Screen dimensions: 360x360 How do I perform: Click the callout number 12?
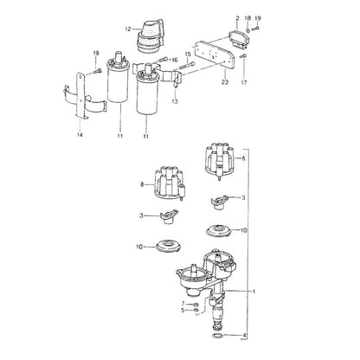pos(128,29)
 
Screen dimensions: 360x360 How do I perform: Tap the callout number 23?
pos(225,82)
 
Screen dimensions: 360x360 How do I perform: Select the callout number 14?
pos(80,135)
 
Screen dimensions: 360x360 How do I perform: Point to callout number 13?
pos(175,101)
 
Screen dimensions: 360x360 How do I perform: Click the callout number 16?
pos(175,60)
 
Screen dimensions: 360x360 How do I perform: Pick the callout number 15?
pos(188,55)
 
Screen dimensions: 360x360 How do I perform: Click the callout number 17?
pos(244,82)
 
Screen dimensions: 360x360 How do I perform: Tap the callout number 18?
pos(247,18)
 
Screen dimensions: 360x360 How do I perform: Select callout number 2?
pos(237,18)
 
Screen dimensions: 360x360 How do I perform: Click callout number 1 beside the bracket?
pos(254,292)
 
